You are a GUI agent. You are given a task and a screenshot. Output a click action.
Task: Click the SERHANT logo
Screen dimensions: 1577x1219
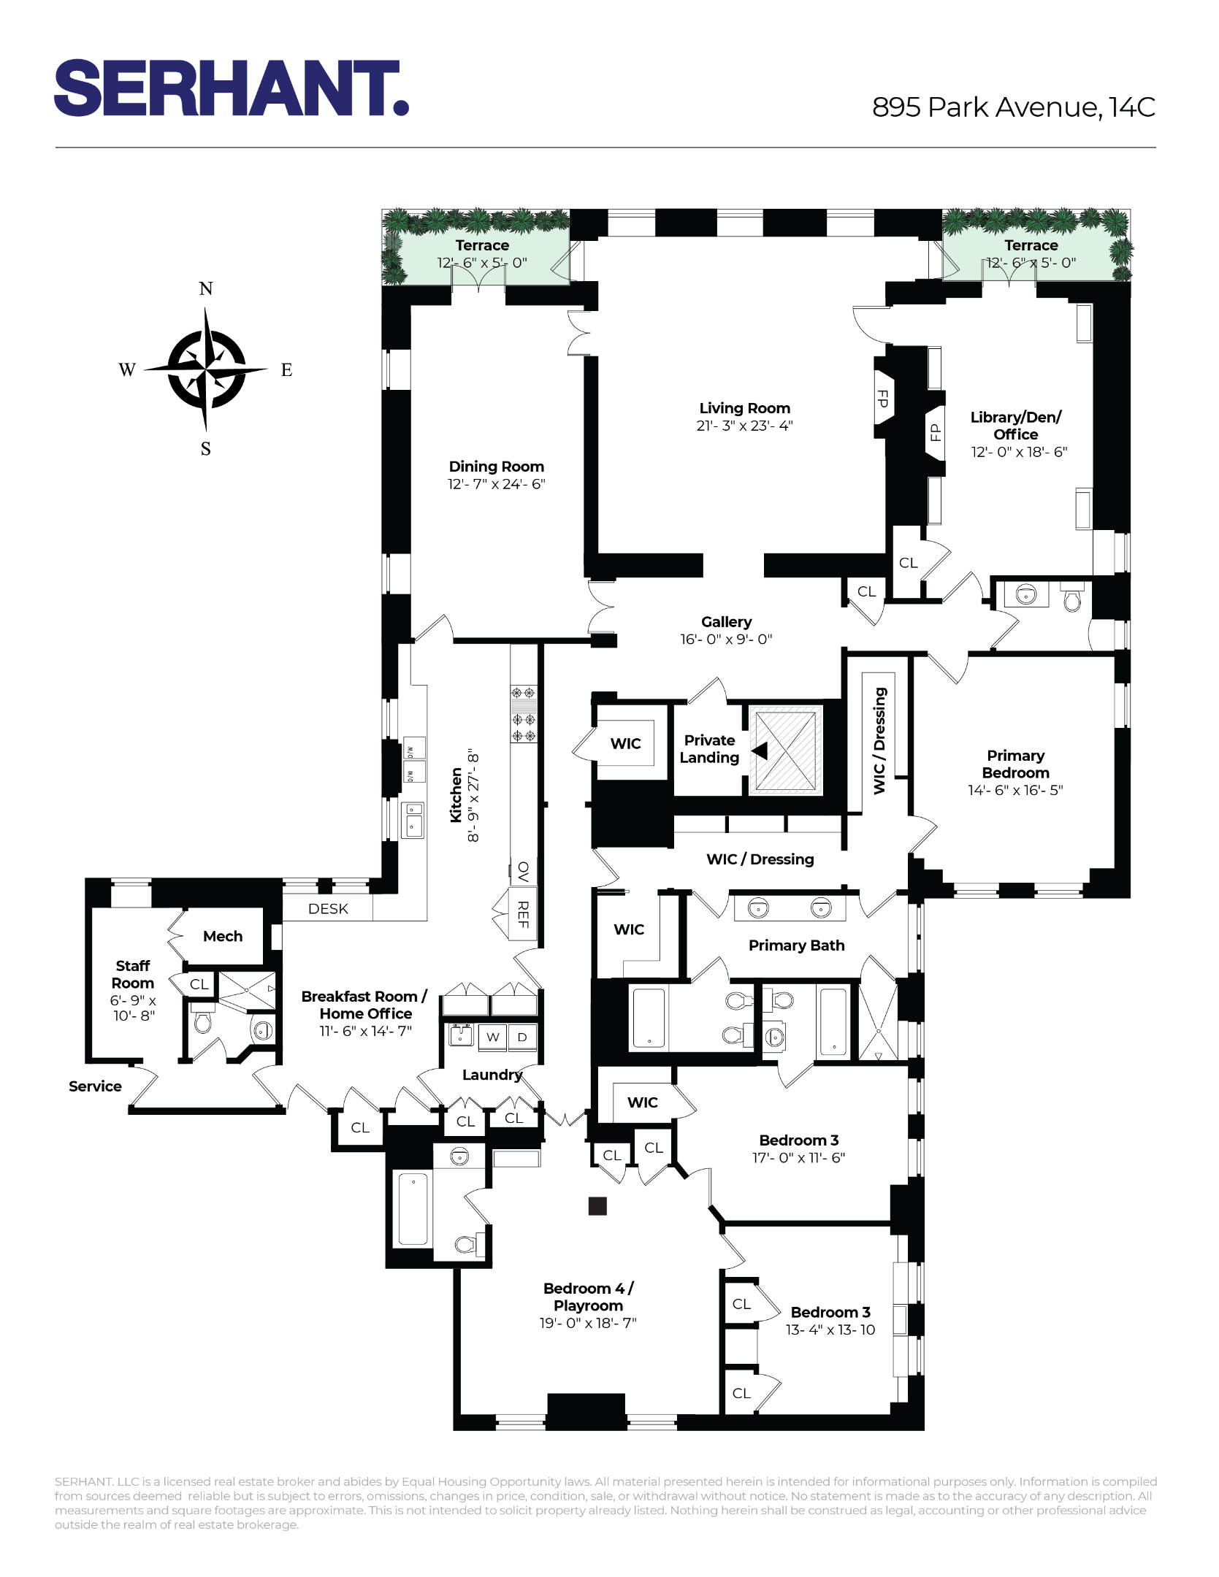(x=231, y=88)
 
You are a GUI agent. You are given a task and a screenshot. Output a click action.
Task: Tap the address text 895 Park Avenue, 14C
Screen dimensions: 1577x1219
(x=1013, y=107)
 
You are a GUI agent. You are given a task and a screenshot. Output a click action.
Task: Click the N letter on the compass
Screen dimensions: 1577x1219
(x=206, y=289)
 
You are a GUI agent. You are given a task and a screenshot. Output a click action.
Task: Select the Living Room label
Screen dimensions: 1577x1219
(x=744, y=408)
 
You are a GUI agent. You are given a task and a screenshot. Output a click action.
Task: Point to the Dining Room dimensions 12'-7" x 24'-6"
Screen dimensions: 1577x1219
(x=496, y=484)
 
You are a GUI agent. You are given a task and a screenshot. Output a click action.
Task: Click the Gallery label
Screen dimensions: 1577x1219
(x=726, y=621)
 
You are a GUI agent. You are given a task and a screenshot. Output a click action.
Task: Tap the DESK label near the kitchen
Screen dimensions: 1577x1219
(x=328, y=909)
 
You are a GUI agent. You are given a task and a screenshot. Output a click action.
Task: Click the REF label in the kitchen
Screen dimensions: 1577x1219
(x=523, y=914)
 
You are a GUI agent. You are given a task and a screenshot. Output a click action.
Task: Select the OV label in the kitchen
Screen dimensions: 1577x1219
(x=523, y=871)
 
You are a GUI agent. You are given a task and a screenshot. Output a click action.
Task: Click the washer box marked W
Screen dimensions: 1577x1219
(x=493, y=1037)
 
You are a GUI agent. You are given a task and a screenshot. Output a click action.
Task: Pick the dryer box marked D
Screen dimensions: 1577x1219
(x=522, y=1037)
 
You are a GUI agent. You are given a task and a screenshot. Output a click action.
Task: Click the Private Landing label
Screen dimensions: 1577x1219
(x=709, y=749)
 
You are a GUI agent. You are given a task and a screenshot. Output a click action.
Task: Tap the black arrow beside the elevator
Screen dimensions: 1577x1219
(x=760, y=751)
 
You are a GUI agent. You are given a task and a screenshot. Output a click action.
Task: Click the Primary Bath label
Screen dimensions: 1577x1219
(x=796, y=945)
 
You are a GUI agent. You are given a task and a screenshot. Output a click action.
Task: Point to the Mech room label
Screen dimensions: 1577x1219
(x=223, y=936)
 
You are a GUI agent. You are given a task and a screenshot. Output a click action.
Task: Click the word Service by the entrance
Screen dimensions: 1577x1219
(x=95, y=1086)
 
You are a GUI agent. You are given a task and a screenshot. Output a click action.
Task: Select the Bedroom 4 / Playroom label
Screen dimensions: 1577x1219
(x=588, y=1297)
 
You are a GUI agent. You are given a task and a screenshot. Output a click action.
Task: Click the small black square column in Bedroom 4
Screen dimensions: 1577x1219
(x=597, y=1206)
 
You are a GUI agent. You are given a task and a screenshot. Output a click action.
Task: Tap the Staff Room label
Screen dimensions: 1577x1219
(x=133, y=975)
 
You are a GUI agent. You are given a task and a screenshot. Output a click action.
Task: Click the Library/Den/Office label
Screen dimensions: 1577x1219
(x=1015, y=426)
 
